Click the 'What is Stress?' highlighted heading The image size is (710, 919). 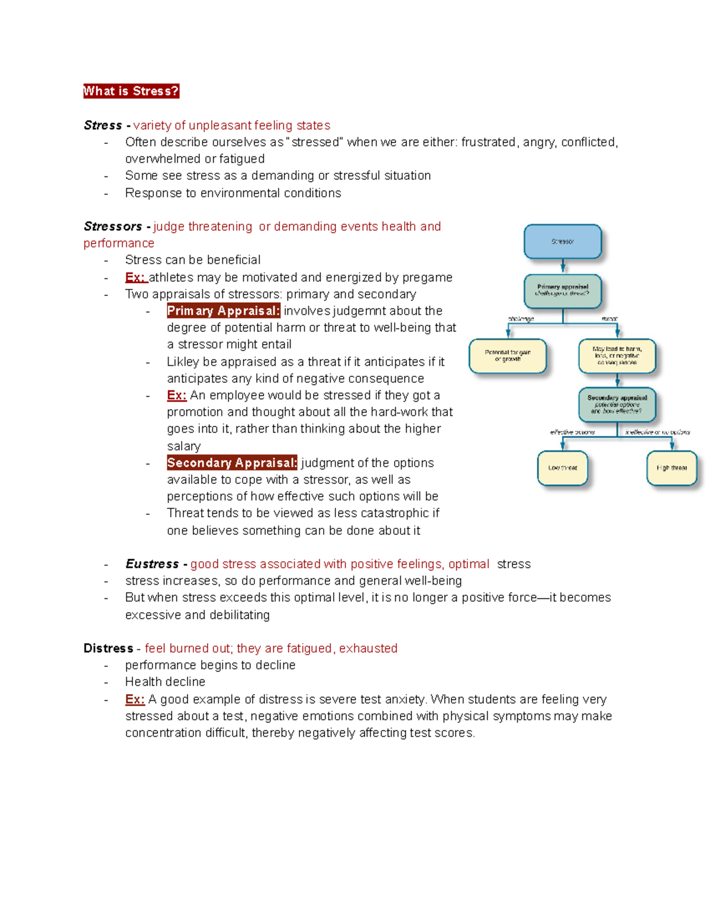tap(131, 91)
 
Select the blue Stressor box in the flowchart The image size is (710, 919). tap(563, 241)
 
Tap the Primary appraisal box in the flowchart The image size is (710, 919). tap(563, 291)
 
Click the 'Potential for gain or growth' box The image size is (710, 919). tap(508, 356)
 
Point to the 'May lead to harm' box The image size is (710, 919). tap(617, 356)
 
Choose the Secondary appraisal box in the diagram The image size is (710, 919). tap(617, 404)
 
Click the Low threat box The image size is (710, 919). tap(563, 468)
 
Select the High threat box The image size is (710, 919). tap(672, 468)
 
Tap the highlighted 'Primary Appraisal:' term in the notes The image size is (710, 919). tap(223, 311)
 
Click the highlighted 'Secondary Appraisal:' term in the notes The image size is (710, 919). tap(232, 463)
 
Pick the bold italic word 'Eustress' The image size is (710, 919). tap(152, 564)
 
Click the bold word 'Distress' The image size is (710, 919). tap(108, 649)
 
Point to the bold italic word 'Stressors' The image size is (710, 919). tap(113, 227)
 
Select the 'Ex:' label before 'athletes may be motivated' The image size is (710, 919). tap(135, 278)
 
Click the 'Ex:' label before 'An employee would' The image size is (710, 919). tap(176, 395)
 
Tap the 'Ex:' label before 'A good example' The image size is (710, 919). tap(135, 699)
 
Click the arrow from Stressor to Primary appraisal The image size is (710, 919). tap(563, 266)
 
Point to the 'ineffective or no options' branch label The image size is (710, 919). tap(657, 432)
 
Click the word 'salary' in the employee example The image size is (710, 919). tap(183, 446)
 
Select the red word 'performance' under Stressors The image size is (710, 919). tap(119, 243)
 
